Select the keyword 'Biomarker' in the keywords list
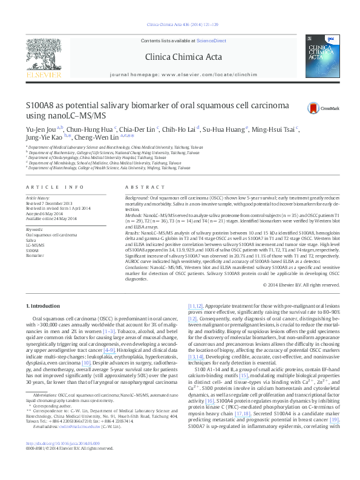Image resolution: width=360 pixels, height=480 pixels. pos(35,255)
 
